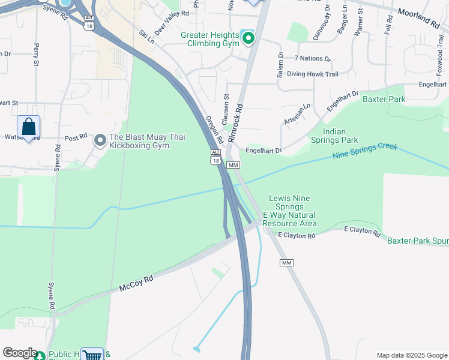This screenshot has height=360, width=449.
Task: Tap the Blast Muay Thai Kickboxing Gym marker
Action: pyautogui.click(x=100, y=141)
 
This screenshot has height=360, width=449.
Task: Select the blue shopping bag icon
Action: pyautogui.click(x=28, y=127)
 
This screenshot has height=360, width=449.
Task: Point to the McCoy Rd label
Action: pyautogui.click(x=136, y=283)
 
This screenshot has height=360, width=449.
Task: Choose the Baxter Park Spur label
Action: pyautogui.click(x=418, y=241)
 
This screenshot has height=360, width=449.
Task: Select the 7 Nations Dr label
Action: pyautogui.click(x=313, y=59)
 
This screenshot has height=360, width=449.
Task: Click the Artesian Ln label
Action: pyautogui.click(x=297, y=115)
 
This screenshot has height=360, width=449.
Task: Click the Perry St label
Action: pyautogui.click(x=37, y=55)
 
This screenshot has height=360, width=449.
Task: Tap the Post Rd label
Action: pyautogui.click(x=76, y=138)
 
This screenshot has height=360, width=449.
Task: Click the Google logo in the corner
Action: pyautogui.click(x=20, y=353)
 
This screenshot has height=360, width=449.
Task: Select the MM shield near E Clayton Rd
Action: pyautogui.click(x=286, y=263)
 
